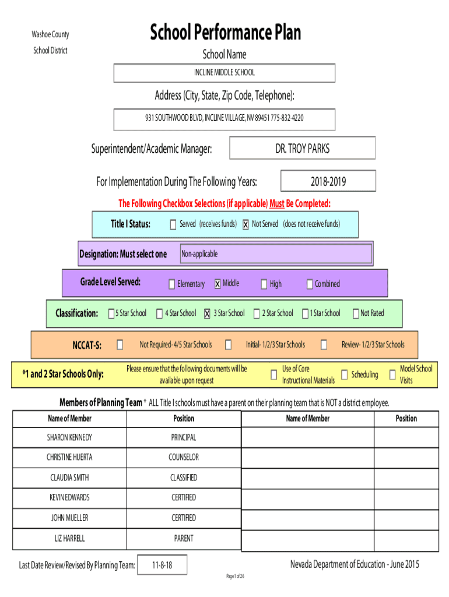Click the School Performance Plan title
coord(225,33)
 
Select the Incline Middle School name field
coord(224,73)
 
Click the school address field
coord(224,118)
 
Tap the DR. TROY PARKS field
coord(302,149)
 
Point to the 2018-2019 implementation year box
coord(328,181)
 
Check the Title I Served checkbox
coord(173,224)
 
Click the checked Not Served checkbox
coord(246,224)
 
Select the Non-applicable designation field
coord(275,254)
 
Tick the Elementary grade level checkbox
coord(171,284)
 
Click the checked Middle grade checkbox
coord(218,284)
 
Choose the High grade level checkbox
coord(264,284)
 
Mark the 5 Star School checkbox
coord(111,314)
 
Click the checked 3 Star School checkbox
coord(207,314)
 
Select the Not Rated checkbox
coord(355,314)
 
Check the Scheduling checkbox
coord(345,374)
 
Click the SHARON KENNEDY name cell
coord(70,437)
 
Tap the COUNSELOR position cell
coord(184,457)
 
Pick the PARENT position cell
coord(184,538)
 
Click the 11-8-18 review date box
coord(162,565)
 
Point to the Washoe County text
coord(50,35)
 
